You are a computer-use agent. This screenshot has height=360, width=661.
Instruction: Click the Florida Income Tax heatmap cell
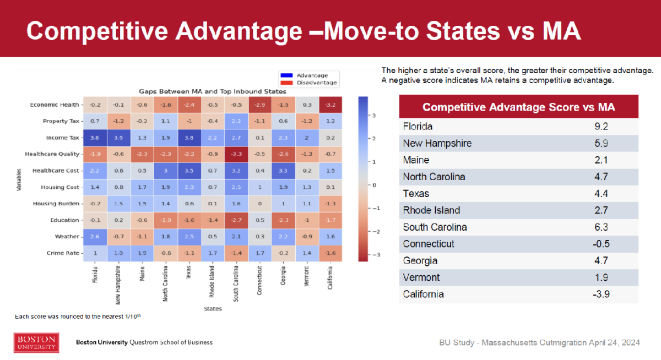95,138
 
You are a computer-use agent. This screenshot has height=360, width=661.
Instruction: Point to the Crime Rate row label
61,253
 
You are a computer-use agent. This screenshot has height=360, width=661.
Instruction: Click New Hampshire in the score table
437,143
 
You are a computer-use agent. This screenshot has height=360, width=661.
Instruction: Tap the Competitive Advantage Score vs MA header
518,107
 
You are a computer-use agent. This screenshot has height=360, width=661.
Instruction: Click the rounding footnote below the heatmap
79,317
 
